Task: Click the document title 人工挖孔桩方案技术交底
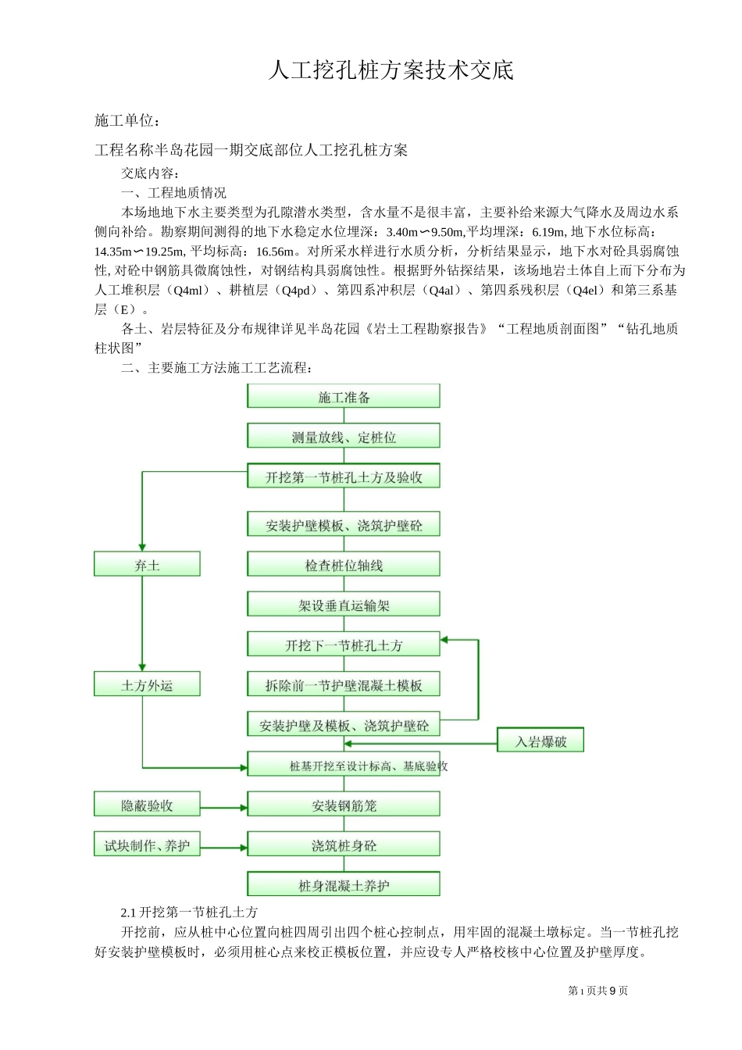tap(391, 70)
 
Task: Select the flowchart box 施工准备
tap(344, 397)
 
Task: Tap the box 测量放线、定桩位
tap(344, 437)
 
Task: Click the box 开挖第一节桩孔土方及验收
tap(344, 477)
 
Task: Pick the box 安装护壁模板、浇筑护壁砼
tap(344, 525)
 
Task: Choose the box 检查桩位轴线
tap(344, 565)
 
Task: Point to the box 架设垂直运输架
tap(344, 605)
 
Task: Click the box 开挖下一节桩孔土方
tap(344, 645)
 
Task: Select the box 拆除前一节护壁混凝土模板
tap(344, 685)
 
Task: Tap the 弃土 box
tap(147, 565)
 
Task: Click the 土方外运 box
tap(147, 685)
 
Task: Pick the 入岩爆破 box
tap(540, 741)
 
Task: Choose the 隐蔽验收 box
tap(147, 805)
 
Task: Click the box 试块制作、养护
tap(147, 845)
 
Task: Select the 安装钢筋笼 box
tap(344, 805)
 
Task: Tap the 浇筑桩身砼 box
tap(344, 845)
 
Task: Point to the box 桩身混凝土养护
tap(344, 885)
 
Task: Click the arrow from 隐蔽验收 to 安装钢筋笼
tap(223, 808)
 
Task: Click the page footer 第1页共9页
tap(598, 991)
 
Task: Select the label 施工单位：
tap(128, 120)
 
